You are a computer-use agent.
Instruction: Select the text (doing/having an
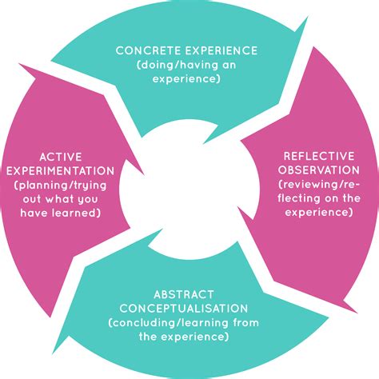(189, 65)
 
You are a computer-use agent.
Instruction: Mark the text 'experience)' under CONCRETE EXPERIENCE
(189, 79)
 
